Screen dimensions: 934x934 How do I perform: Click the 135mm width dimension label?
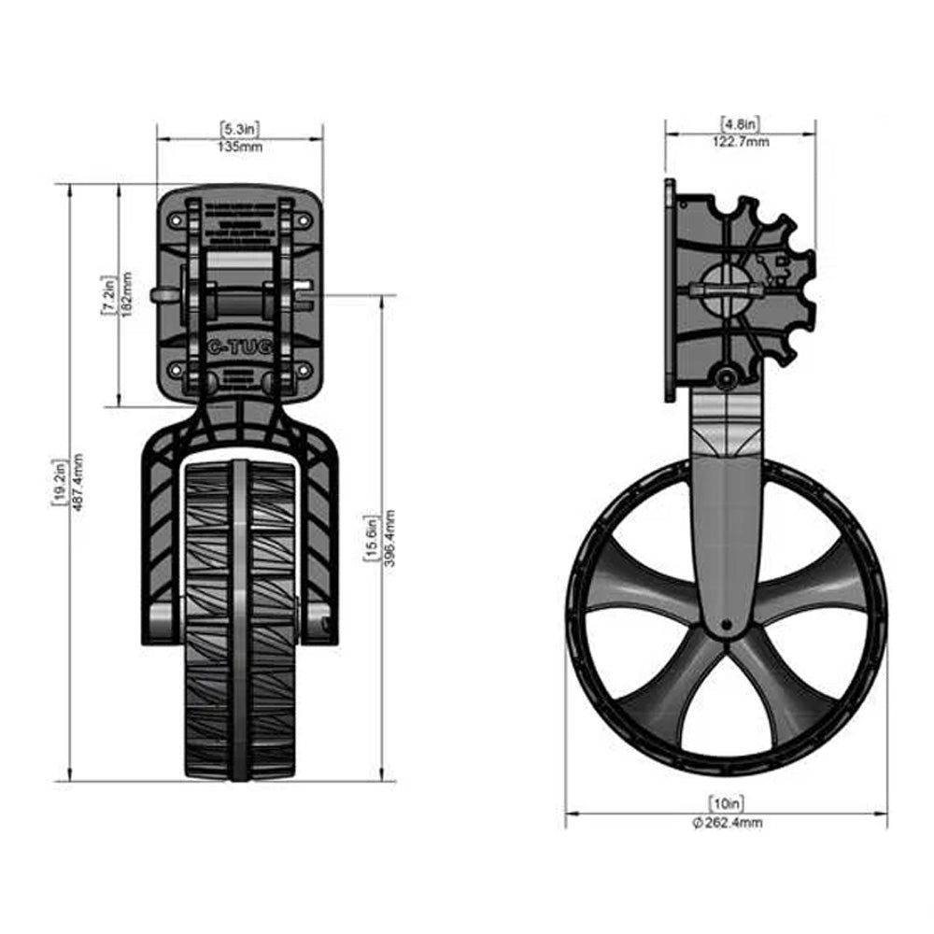coord(240,148)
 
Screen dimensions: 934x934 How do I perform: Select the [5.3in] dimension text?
coord(240,127)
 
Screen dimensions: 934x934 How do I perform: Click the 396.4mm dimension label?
coord(389,541)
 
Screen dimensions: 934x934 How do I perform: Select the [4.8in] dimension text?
coord(741,123)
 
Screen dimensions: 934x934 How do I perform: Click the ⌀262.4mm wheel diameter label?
coord(728,822)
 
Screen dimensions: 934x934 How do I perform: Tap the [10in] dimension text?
coord(728,803)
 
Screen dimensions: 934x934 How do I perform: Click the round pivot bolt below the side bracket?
coord(724,375)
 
